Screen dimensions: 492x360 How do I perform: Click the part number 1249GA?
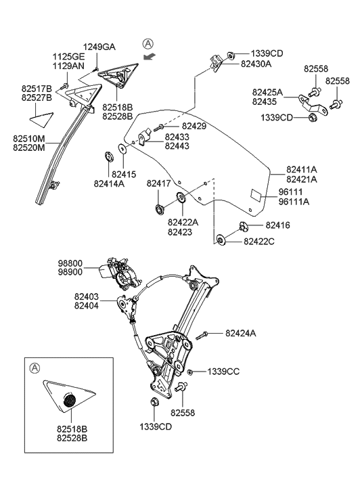[x=99, y=47]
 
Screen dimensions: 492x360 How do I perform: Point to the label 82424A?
[x=241, y=333]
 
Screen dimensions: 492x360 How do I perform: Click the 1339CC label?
[x=223, y=372]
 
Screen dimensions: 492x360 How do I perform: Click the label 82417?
[x=160, y=183]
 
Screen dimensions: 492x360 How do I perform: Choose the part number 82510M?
[x=29, y=139]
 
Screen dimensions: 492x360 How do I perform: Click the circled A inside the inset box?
[x=34, y=367]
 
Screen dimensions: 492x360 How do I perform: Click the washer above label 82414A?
[x=108, y=158]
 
